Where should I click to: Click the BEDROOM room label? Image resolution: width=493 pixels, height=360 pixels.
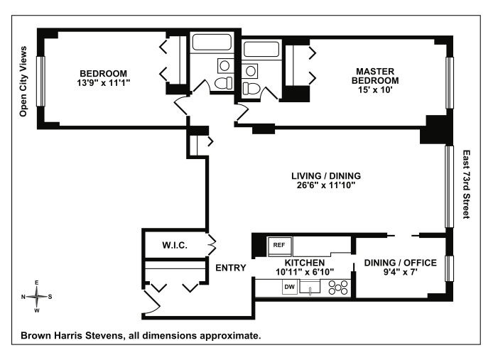coord(103,73)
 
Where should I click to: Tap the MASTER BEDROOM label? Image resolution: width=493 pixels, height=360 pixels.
coord(374,75)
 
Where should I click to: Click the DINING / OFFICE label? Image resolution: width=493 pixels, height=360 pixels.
coord(400,263)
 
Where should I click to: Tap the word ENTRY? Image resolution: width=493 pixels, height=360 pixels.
coord(231,268)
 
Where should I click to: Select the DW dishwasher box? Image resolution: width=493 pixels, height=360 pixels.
coord(289,287)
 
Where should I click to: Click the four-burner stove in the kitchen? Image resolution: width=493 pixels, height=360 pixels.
coord(337,288)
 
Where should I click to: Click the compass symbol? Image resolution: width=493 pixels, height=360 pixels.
coord(37,296)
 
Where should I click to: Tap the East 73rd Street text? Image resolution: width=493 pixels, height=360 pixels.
coord(466,184)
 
